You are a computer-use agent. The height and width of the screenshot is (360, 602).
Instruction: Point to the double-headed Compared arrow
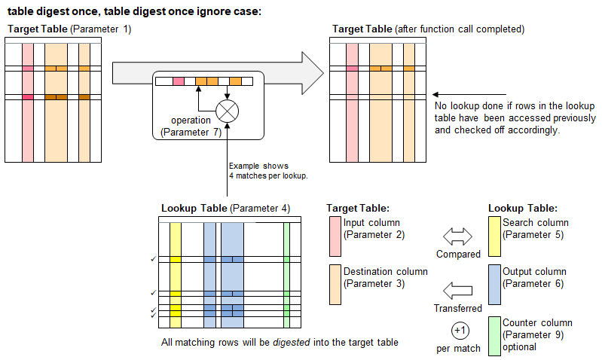(x=457, y=237)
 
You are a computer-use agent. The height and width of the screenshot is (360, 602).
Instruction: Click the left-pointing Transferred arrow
(x=457, y=290)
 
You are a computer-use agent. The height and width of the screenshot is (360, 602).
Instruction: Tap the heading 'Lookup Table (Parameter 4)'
(x=225, y=208)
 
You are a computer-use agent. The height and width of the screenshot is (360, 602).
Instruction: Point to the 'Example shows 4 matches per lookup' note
(x=258, y=170)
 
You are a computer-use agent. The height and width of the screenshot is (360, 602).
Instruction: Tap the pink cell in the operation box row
(x=179, y=81)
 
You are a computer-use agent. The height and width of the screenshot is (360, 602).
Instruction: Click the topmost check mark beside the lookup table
(x=154, y=259)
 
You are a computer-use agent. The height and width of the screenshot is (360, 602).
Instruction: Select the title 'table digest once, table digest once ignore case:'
(x=134, y=11)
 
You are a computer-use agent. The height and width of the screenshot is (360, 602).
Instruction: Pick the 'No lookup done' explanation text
(x=515, y=118)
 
